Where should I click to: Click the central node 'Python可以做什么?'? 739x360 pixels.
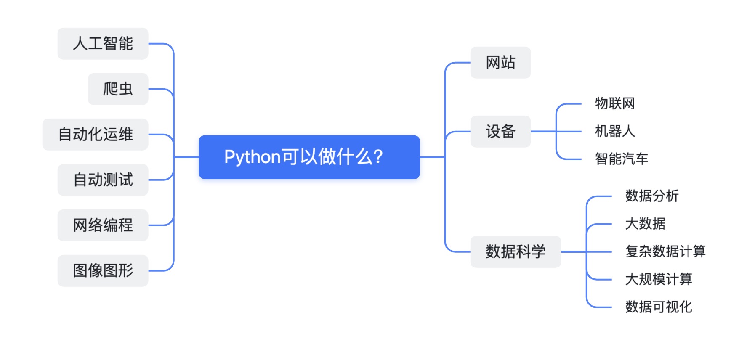(x=309, y=157)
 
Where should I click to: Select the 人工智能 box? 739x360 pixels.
(x=103, y=44)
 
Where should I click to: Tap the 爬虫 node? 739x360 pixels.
(x=118, y=89)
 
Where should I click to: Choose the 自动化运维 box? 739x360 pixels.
(x=96, y=135)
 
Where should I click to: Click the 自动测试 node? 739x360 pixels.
(x=103, y=180)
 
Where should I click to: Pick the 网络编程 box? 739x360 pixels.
(x=103, y=225)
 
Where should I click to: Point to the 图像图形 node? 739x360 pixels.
(x=103, y=271)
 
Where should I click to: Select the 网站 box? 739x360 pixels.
(x=500, y=63)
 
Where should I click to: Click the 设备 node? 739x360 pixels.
(x=500, y=132)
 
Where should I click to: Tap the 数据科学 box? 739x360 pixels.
(x=516, y=252)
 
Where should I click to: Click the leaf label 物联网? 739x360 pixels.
(x=615, y=103)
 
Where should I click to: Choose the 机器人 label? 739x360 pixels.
(x=615, y=131)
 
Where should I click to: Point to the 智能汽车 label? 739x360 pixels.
(x=622, y=159)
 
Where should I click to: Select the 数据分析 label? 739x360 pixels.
(x=652, y=196)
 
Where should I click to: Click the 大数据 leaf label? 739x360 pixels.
(x=645, y=224)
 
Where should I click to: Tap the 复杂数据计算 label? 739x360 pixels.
(x=665, y=251)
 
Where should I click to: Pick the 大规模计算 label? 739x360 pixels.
(x=659, y=279)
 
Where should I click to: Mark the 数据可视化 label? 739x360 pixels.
(x=659, y=307)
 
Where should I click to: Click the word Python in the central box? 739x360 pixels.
(x=252, y=157)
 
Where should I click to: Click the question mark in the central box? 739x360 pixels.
(x=378, y=157)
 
